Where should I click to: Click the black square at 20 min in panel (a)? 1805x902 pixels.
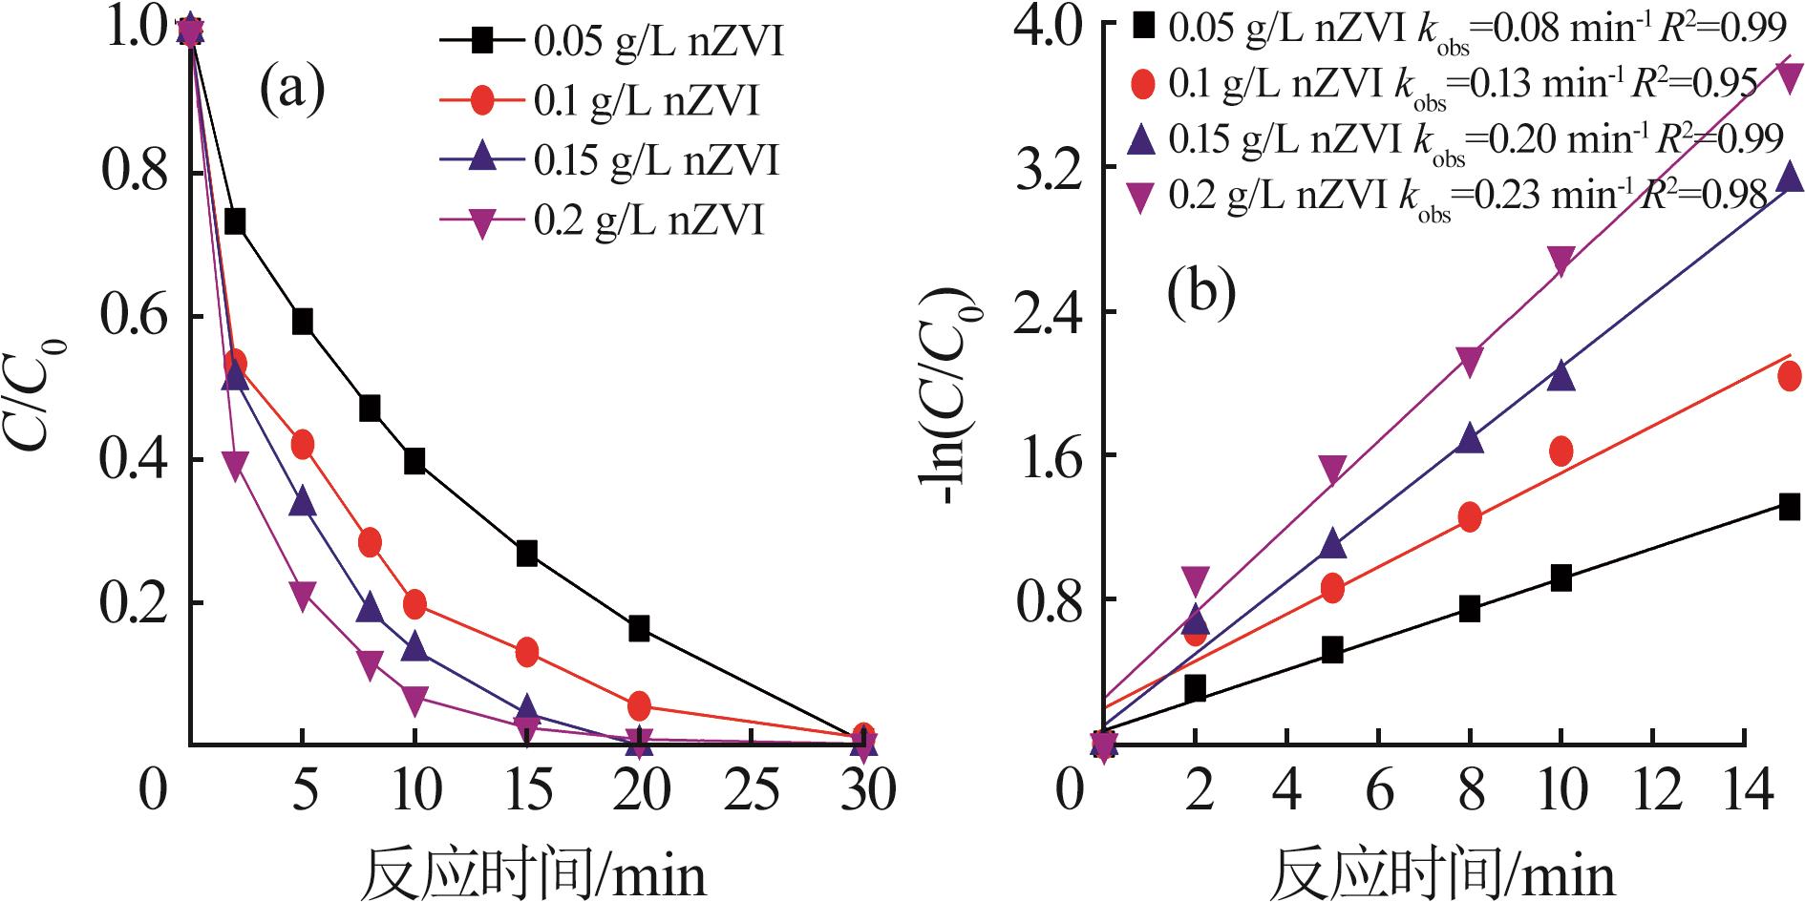pyautogui.click(x=639, y=628)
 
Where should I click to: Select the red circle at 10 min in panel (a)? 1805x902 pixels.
pyautogui.click(x=414, y=603)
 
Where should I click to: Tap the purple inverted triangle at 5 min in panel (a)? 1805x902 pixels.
pyautogui.click(x=302, y=595)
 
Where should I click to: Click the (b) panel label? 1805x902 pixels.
pyautogui.click(x=1200, y=294)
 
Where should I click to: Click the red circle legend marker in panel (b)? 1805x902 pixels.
pyautogui.click(x=1143, y=85)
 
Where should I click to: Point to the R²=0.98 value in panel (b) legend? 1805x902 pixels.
pyautogui.click(x=1705, y=196)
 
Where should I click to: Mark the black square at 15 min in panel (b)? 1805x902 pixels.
pyautogui.click(x=1789, y=506)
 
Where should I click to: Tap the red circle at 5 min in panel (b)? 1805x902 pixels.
pyautogui.click(x=1333, y=588)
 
